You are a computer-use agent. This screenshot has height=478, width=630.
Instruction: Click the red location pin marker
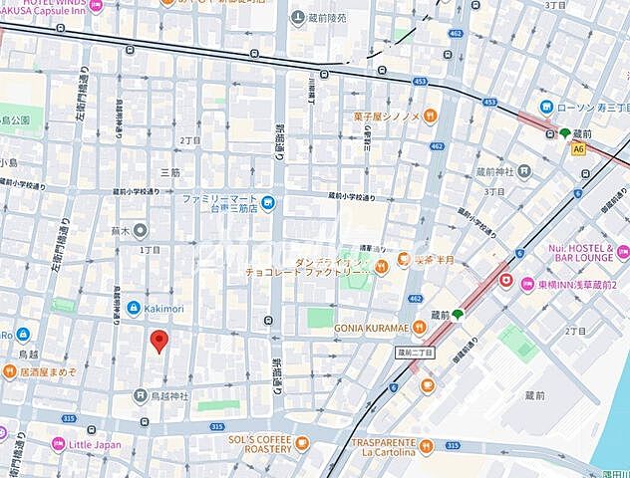(x=157, y=343)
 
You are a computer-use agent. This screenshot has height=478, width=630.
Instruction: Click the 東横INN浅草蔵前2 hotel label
(x=570, y=281)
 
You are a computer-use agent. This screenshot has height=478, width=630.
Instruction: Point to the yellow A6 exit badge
(x=578, y=148)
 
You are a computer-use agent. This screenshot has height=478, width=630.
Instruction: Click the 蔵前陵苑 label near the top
(x=325, y=18)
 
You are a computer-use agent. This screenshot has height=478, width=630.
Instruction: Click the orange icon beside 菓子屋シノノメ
(x=430, y=116)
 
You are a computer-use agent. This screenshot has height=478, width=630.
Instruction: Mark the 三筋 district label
(x=169, y=172)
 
